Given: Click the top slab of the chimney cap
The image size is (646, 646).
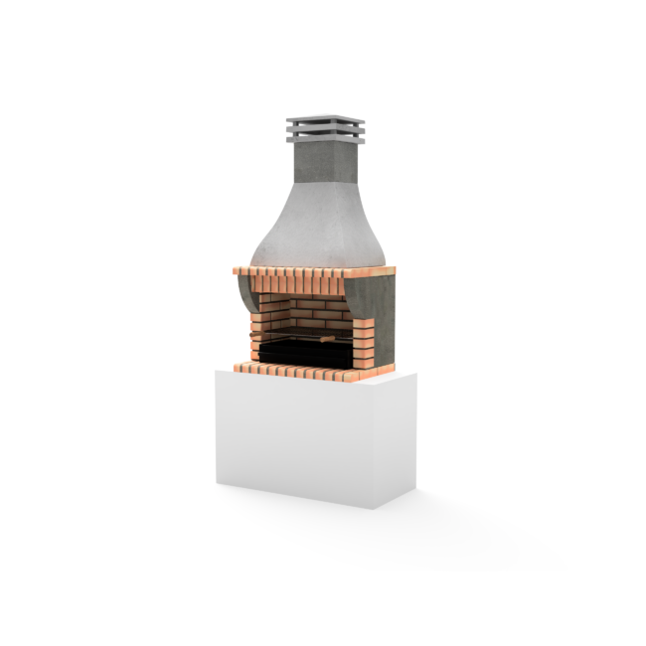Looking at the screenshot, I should pos(325,121).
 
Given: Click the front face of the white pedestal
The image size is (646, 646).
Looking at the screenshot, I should pos(293,437).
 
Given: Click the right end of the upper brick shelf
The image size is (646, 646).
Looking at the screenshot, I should pos(383,269).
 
